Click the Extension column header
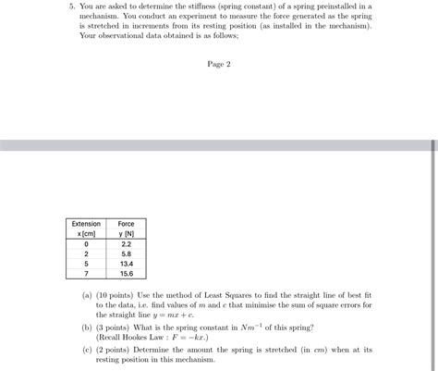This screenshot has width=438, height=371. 86,224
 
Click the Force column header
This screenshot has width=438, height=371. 126,224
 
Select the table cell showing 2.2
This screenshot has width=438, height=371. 126,243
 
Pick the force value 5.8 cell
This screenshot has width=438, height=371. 126,254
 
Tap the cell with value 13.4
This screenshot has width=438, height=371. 126,264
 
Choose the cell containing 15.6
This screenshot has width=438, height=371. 126,274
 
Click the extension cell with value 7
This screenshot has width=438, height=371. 86,274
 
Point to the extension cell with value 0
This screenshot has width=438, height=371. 86,243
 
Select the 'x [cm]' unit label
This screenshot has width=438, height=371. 86,233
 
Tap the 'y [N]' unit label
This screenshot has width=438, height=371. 126,233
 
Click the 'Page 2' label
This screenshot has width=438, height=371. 219,64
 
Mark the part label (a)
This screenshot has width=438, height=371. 87,293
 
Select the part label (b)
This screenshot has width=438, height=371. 87,328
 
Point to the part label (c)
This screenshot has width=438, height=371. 87,350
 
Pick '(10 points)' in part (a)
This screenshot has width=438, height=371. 115,293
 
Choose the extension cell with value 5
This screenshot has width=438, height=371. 86,264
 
